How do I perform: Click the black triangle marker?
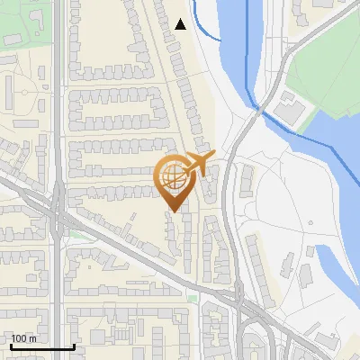pyautogui.click(x=181, y=24)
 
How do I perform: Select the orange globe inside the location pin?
pyautogui.click(x=173, y=177)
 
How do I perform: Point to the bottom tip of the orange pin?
pyautogui.click(x=173, y=211)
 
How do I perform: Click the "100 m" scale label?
pyautogui.click(x=23, y=338)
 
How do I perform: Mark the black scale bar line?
pyautogui.click(x=41, y=346)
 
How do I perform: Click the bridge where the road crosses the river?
pyautogui.click(x=257, y=107)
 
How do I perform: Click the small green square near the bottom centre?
pyautogui.click(x=192, y=297)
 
